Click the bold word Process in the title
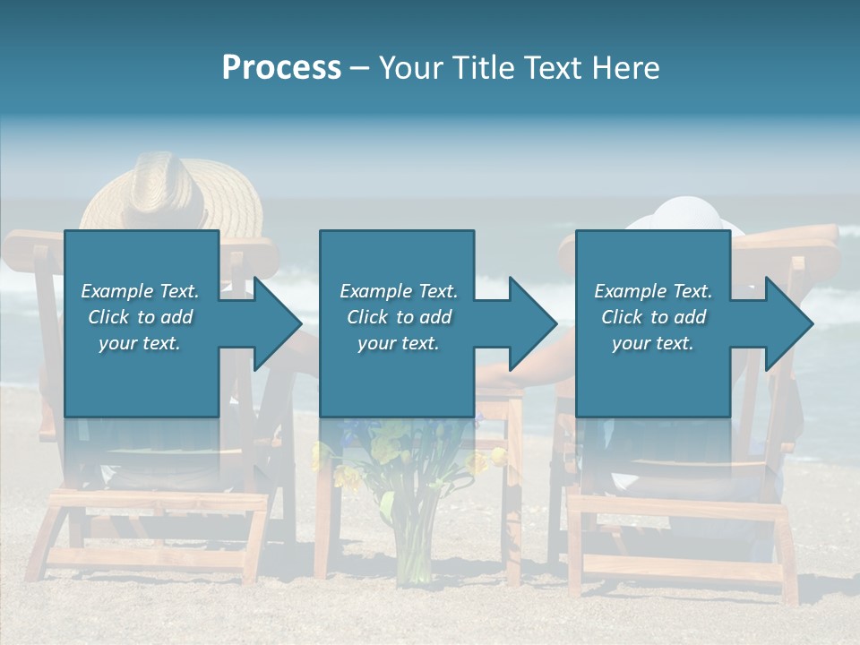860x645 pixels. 281,68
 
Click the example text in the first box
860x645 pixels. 141,317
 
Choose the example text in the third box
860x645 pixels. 653,317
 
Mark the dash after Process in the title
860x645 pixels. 360,69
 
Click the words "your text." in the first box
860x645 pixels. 141,343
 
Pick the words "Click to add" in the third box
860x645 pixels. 653,317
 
